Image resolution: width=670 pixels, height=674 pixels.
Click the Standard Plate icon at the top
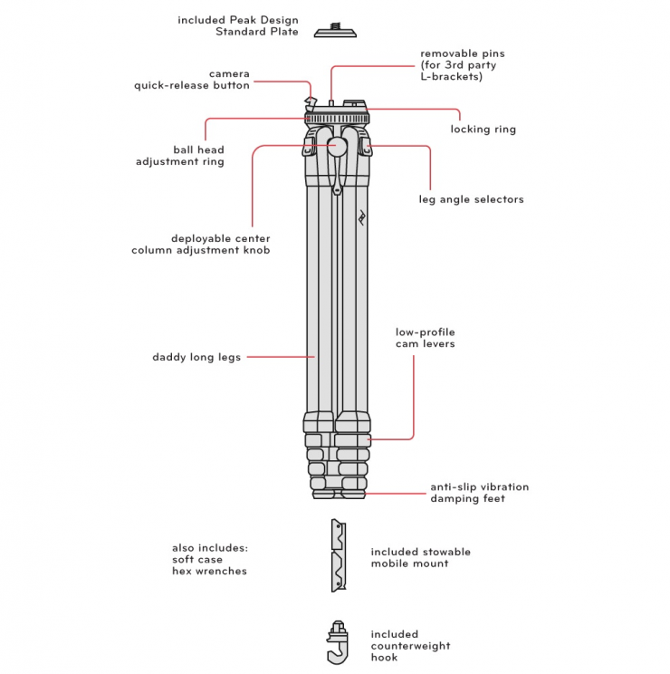tap(335, 31)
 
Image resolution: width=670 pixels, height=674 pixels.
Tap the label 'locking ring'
tap(483, 129)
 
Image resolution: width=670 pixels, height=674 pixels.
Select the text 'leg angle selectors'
tap(471, 199)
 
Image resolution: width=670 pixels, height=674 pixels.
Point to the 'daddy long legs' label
tap(196, 357)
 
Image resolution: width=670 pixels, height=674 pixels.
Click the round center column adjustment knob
tap(338, 146)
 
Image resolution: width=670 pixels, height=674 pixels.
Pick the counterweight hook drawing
tap(338, 642)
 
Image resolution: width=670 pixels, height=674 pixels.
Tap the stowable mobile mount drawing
tap(339, 555)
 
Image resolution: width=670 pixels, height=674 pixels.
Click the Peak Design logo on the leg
tap(362, 217)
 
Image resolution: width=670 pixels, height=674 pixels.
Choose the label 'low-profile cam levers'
tap(426, 338)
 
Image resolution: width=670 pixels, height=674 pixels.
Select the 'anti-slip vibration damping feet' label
tap(480, 493)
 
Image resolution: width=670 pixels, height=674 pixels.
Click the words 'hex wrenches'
tap(209, 571)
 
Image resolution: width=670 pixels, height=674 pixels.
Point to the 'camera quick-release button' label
tap(192, 80)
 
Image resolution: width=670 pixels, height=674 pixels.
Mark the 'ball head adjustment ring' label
tap(180, 156)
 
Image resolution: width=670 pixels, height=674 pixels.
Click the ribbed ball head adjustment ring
tap(337, 119)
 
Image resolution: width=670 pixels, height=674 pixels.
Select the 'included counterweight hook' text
tap(410, 646)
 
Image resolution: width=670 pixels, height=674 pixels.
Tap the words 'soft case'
tap(197, 559)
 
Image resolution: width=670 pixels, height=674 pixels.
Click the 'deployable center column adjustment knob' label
tap(201, 245)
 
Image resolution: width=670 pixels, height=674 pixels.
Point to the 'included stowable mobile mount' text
tap(420, 557)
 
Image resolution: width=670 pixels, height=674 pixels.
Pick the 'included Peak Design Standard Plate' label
tap(238, 25)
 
